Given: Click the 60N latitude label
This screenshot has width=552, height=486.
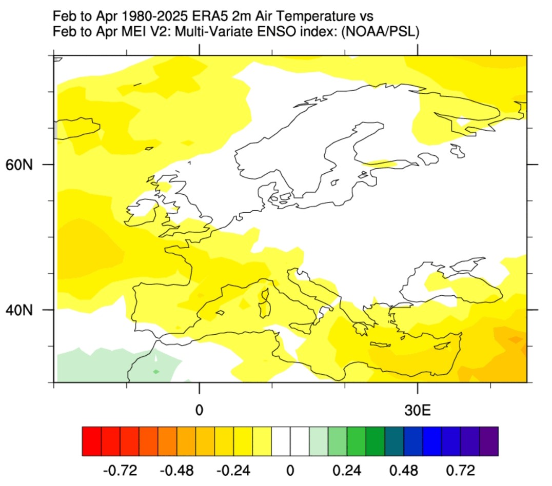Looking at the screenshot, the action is pos(19,165).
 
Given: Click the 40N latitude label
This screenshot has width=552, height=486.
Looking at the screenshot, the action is pos(19,310).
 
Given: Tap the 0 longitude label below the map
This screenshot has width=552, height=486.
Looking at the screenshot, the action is pos(199,410).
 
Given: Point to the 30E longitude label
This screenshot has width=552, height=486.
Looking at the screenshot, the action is pos(418,410).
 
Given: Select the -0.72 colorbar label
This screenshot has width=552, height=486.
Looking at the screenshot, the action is pos(120,471).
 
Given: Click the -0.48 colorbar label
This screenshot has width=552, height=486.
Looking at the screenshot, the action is pos(176,471).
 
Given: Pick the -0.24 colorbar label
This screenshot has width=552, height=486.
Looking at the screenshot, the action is pos(233,471).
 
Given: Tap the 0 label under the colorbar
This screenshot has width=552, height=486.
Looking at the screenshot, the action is pos(290,471).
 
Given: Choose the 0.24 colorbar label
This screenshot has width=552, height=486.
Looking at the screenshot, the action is pos(347,471).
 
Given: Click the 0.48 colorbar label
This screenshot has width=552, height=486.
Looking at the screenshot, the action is pos(404,471).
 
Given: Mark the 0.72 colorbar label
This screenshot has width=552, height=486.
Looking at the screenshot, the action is pos(461,471).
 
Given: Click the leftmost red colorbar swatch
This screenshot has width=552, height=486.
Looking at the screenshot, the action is pos(92,441).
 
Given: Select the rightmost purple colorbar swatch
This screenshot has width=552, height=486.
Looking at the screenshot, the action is pos(489,441).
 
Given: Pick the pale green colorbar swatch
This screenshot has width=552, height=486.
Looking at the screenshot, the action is pos(319,441).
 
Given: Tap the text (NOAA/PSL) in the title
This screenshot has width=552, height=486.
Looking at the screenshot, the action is pos(381,32).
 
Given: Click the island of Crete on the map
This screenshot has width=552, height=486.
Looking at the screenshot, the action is pos(380,345).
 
